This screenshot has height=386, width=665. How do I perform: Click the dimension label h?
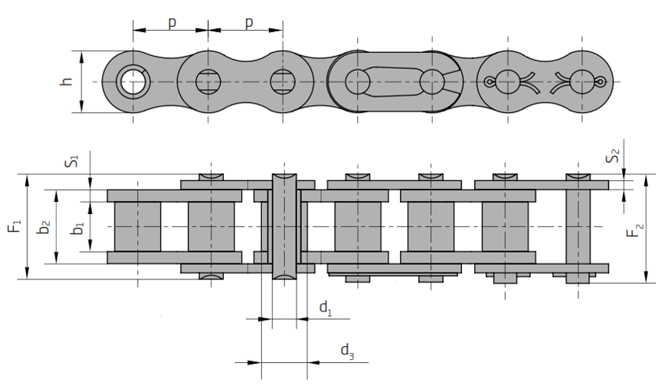67,81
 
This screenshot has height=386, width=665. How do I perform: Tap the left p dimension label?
172,22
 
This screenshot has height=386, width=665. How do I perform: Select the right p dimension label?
250,22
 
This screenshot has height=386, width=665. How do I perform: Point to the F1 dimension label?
15,226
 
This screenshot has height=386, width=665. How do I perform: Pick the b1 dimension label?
77,228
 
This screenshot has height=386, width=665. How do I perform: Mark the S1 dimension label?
72,161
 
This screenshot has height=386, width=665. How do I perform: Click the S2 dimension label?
613,156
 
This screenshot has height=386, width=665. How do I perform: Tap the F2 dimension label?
636,231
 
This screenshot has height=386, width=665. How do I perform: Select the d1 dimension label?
326,308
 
